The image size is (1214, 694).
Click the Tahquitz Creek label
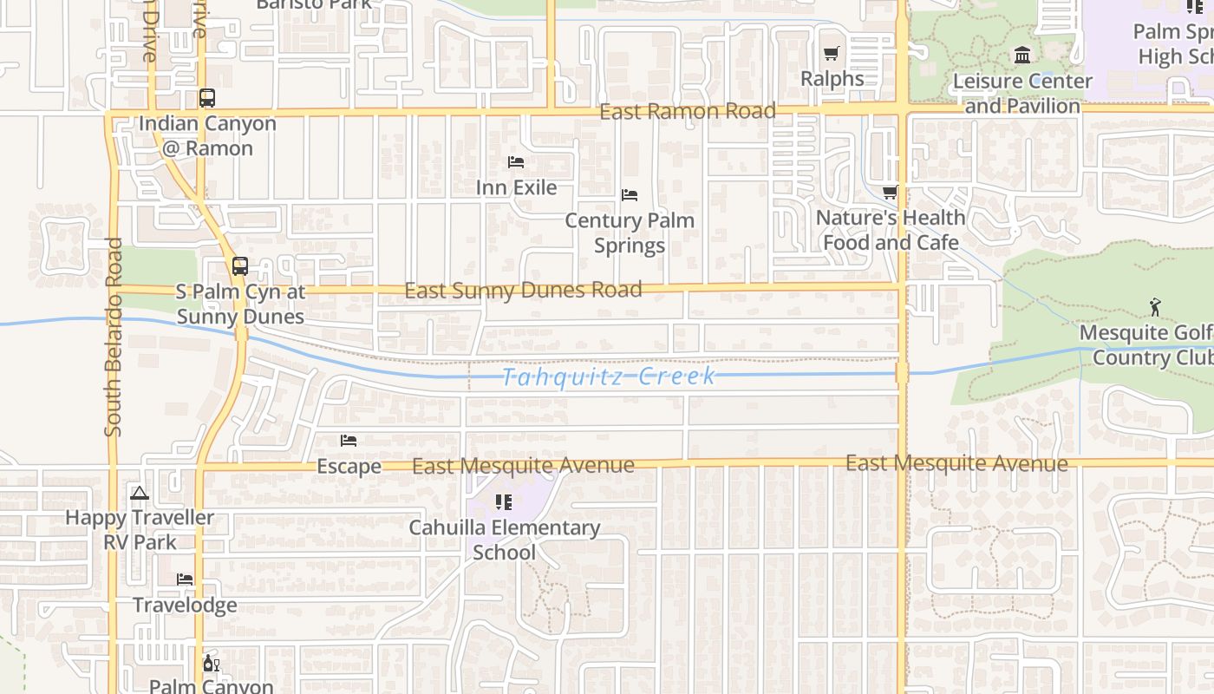(609, 376)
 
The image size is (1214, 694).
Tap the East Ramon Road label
(688, 111)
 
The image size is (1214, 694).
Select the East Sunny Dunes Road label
(523, 290)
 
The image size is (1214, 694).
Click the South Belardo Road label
(114, 337)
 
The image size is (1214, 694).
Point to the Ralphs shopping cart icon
(832, 54)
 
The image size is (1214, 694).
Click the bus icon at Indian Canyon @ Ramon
(206, 98)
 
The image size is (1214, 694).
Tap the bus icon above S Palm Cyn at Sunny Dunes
(240, 266)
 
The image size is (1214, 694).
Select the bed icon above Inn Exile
(516, 162)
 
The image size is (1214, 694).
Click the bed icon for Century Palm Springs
(630, 195)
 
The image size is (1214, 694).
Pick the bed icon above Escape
(349, 441)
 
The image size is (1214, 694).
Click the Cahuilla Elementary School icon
(503, 501)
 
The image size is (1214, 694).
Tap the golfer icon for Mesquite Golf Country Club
(1154, 307)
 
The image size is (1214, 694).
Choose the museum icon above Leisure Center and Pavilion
(1022, 56)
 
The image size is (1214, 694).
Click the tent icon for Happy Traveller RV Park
(139, 493)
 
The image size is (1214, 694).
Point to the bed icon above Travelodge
(185, 579)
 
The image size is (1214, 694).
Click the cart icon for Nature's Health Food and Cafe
(890, 193)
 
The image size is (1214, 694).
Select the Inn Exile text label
(516, 187)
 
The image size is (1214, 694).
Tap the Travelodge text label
(185, 605)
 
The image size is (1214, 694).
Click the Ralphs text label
(832, 79)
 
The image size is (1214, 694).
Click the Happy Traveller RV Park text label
(140, 530)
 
